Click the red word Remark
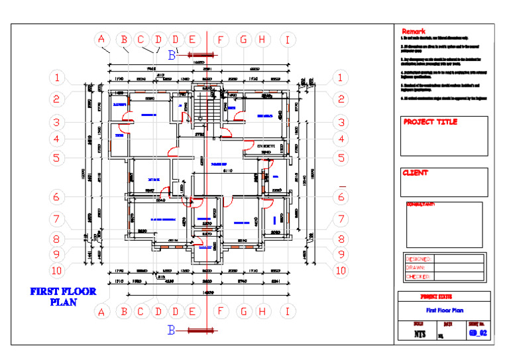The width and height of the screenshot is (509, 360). (416, 32)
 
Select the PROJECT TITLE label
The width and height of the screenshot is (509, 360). (430, 122)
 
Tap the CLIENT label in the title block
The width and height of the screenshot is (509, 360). (416, 173)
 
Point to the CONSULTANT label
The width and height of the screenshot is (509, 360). (420, 204)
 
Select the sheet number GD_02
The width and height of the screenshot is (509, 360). (477, 333)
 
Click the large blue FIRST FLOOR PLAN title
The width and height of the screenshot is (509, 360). (64, 296)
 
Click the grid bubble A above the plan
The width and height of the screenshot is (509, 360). (101, 40)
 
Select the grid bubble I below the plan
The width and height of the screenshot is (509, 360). (287, 311)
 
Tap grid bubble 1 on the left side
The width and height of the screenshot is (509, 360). (58, 78)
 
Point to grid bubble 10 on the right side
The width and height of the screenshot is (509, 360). (340, 270)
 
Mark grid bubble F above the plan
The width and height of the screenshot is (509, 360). (221, 40)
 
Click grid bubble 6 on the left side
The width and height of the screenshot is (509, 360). (58, 197)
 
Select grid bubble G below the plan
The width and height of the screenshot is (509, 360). (243, 311)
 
